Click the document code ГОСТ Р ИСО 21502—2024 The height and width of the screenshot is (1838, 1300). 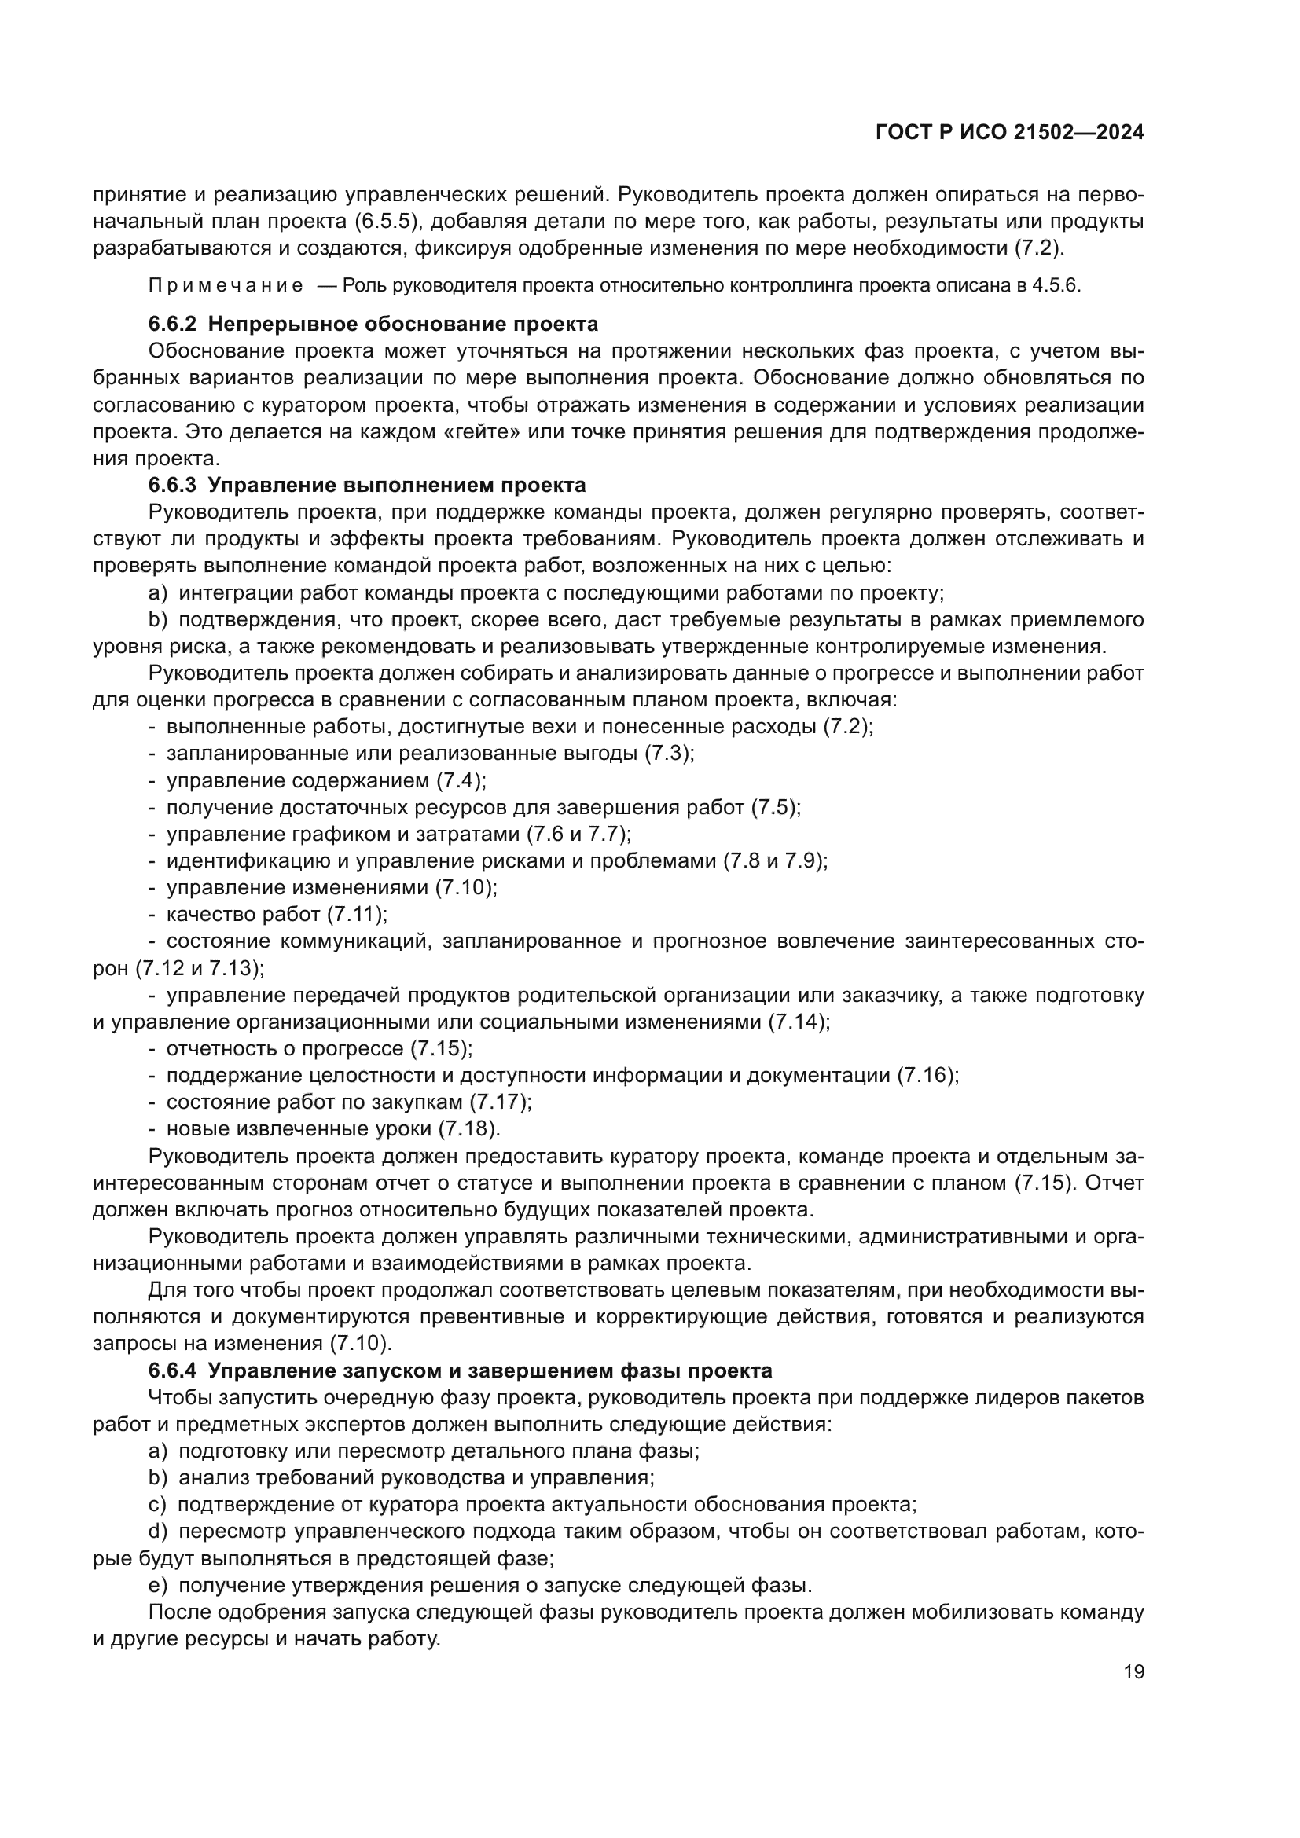click(1009, 133)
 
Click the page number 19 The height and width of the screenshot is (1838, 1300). click(1133, 1671)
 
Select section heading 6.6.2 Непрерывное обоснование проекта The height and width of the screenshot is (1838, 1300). click(373, 325)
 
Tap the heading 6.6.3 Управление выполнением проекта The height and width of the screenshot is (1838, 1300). click(366, 485)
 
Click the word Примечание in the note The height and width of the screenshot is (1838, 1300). click(226, 286)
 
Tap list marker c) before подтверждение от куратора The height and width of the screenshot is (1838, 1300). click(158, 1505)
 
